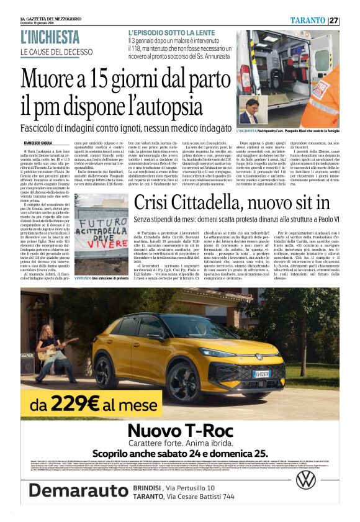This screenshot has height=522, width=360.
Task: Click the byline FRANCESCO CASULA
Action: click(x=37, y=143)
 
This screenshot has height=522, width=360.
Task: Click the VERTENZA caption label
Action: click(x=85, y=279)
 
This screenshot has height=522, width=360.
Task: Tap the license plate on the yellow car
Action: click(x=261, y=374)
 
